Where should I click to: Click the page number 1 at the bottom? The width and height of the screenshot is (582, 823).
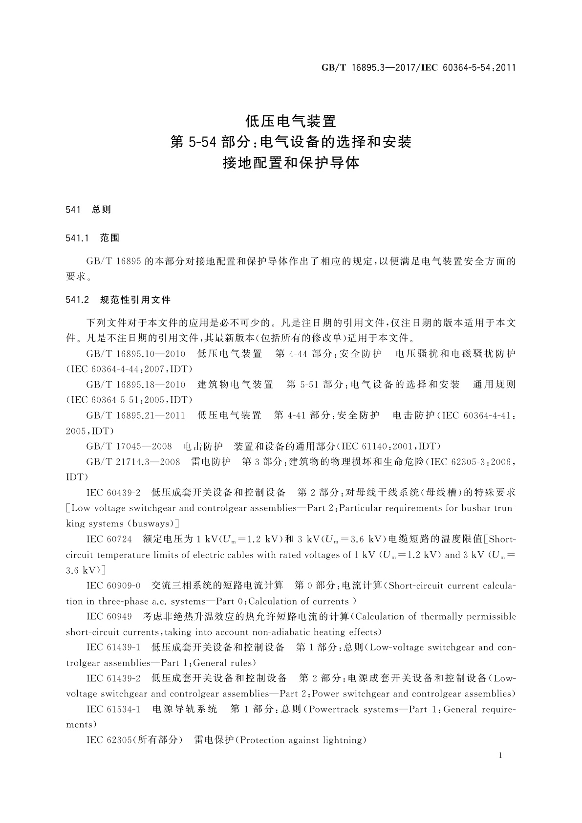500,756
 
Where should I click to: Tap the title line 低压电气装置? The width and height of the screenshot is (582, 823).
291,120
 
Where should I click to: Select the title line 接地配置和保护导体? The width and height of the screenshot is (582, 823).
291,163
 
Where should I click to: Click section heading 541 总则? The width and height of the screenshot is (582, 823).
88,210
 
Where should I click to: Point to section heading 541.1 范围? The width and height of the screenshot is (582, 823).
92,238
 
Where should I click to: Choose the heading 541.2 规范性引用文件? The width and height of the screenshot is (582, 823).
118,300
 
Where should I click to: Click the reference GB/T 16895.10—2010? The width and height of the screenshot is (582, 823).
135,353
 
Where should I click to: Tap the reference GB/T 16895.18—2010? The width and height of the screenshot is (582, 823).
135,385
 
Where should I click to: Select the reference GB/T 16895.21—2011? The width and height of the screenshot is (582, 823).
135,415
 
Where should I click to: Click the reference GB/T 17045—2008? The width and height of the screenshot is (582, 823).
129,446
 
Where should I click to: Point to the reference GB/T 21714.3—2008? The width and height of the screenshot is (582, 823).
133,462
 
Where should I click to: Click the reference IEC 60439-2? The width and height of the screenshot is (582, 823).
113,492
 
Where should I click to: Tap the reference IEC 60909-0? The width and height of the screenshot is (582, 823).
113,585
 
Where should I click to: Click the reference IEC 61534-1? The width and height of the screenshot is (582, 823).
113,709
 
